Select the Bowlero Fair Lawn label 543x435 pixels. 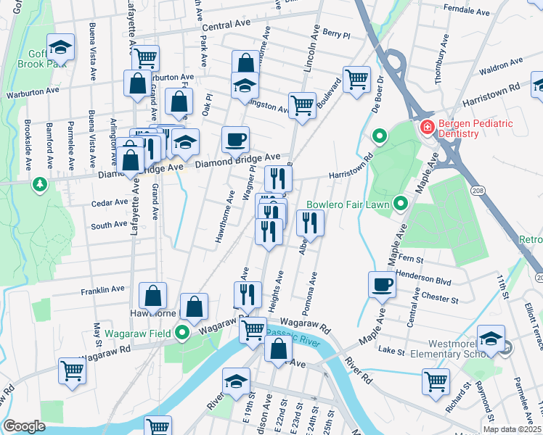tap(348, 204)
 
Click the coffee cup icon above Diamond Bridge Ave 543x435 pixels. tap(234, 140)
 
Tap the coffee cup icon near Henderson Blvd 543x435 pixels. tap(382, 285)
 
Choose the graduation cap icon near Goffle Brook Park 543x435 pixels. tap(60, 49)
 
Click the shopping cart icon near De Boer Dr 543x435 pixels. tap(356, 79)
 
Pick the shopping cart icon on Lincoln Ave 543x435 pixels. tap(302, 105)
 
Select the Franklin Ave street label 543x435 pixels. tap(103, 290)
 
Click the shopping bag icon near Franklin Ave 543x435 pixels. tap(153, 296)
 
